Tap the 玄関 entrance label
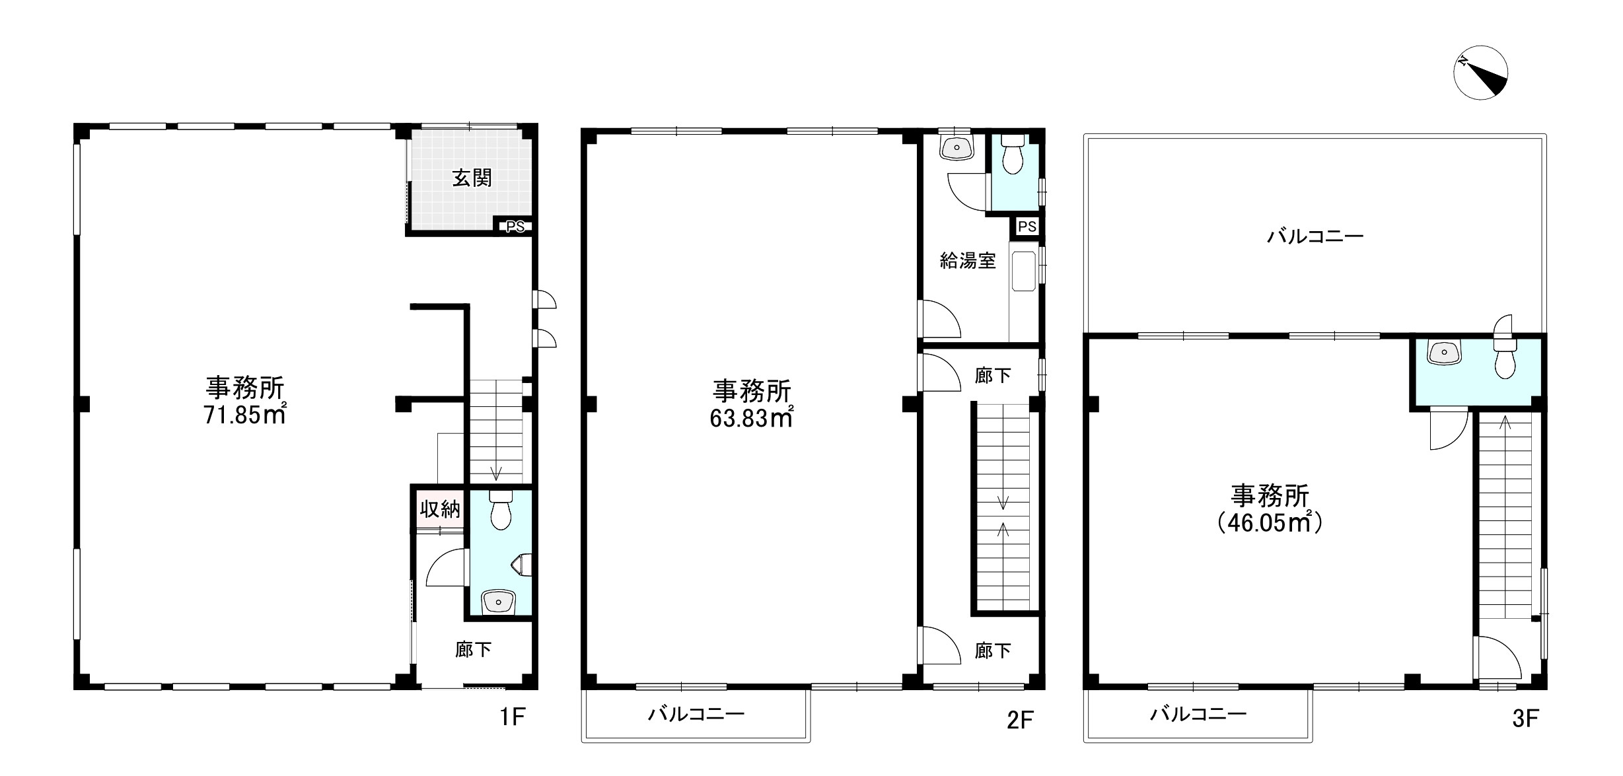point(472,178)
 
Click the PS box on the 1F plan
point(515,227)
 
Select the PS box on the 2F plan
point(1027,227)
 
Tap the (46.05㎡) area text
point(1270,523)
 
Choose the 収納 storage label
point(439,509)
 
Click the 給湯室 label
point(968,261)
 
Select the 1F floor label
point(512,717)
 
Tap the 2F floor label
point(1019,720)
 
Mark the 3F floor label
point(1525,719)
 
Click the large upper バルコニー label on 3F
point(1315,236)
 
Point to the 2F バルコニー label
point(696,714)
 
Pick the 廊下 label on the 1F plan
point(473,650)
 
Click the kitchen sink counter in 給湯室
point(1024,271)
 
